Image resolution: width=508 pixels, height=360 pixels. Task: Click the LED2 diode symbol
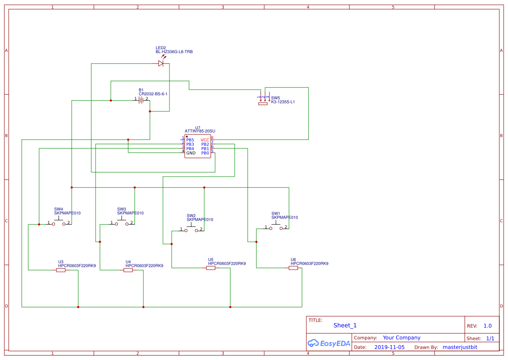click(161, 63)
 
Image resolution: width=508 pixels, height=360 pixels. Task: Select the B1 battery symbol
click(141, 100)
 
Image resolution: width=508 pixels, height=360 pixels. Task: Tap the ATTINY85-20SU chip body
click(197, 147)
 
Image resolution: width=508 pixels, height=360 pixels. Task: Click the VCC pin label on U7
click(205, 140)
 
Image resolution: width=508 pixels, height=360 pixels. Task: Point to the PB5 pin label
click(190, 140)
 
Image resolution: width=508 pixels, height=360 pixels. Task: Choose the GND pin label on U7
click(191, 153)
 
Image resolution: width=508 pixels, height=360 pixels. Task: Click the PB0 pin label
click(205, 153)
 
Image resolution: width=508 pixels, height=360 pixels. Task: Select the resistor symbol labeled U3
click(61, 270)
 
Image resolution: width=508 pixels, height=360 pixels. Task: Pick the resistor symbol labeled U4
click(128, 270)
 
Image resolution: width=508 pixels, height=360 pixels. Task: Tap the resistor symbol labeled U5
click(210, 268)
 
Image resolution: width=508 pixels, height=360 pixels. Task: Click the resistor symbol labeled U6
click(293, 268)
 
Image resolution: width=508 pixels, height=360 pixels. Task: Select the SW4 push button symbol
click(59, 223)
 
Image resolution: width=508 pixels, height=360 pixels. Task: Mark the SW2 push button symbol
click(191, 229)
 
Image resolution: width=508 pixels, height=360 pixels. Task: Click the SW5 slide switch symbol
click(263, 100)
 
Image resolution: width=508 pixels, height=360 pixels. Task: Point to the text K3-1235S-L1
click(283, 102)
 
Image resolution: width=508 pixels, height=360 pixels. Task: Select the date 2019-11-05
click(389, 347)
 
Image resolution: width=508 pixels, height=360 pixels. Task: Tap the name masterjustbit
click(460, 347)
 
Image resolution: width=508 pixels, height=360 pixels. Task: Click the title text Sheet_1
click(345, 325)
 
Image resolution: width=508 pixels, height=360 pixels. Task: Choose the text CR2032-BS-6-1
click(153, 94)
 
